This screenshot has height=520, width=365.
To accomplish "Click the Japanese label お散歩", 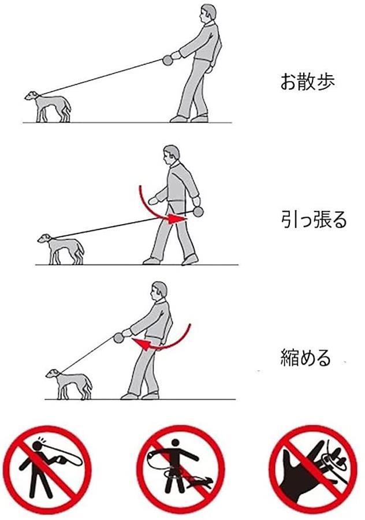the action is click(x=307, y=81).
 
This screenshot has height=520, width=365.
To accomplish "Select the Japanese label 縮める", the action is click(x=306, y=358).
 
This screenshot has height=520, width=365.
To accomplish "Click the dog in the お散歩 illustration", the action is click(x=48, y=107).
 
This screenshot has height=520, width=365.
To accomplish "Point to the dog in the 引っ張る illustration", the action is click(x=61, y=248).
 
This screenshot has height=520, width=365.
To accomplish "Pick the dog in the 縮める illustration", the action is click(x=69, y=384).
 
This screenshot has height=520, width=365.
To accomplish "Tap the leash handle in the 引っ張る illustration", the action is click(x=198, y=211).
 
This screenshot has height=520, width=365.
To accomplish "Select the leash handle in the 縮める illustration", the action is click(x=118, y=338).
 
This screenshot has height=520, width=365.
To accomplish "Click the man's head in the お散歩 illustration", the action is click(x=207, y=13).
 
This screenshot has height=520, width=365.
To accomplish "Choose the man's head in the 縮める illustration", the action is click(x=158, y=291).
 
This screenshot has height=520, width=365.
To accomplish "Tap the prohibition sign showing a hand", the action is click(x=313, y=469).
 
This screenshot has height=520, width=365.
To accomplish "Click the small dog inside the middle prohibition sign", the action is click(x=200, y=484).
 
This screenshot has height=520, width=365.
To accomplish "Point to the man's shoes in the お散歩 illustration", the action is click(x=189, y=118).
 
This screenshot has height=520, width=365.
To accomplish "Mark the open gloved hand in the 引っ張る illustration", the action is click(x=154, y=200).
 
